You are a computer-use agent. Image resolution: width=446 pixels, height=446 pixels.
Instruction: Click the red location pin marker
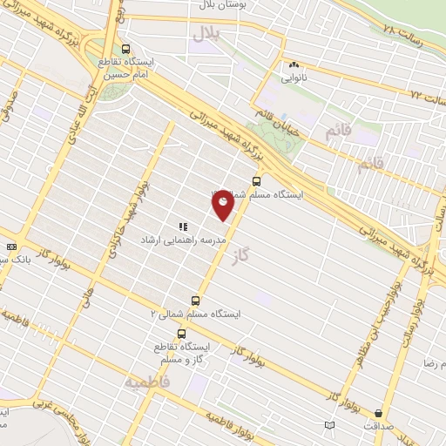(224, 204)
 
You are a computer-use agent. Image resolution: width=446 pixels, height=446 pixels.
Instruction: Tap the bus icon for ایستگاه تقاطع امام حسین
(127, 49)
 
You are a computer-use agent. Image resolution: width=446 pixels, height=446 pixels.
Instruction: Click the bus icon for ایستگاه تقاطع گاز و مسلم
(181, 334)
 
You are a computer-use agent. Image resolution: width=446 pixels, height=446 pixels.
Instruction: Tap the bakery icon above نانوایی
(293, 64)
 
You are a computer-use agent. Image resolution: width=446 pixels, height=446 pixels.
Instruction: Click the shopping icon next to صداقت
(378, 413)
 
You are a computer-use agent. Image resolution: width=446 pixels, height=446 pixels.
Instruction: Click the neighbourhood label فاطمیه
(145, 382)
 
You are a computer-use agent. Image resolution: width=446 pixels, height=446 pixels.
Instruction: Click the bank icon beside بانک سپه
(10, 247)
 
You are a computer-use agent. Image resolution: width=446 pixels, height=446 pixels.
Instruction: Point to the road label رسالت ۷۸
(401, 30)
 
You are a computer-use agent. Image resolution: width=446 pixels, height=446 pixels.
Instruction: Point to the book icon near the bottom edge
(328, 425)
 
